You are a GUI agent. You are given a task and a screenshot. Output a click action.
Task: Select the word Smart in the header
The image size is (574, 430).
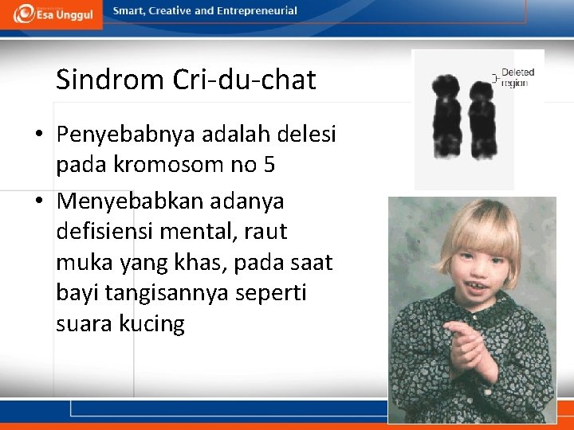pos(128,11)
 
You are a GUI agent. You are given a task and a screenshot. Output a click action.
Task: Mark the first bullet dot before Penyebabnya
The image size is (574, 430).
pos(39,135)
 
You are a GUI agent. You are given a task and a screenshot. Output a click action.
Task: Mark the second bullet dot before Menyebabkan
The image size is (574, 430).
pos(39,201)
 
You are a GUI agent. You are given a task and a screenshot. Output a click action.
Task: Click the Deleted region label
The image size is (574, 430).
pos(517,77)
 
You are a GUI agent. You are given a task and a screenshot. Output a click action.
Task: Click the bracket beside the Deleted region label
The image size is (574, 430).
pos(494,78)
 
